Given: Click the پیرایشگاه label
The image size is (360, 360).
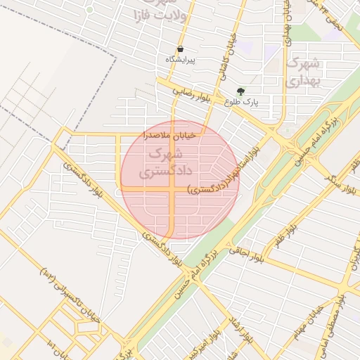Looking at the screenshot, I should pyautogui.click(x=180, y=60).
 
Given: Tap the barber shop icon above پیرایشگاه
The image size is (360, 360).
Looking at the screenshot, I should pyautogui.click(x=181, y=49).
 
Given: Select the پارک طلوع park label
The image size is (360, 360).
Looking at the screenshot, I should pyautogui.click(x=242, y=102).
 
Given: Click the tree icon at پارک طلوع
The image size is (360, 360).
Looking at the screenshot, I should pyautogui.click(x=241, y=91).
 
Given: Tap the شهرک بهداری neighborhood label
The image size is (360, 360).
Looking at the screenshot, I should pyautogui.click(x=303, y=72).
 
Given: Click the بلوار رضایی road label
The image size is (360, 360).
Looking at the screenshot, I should pyautogui.click(x=193, y=91).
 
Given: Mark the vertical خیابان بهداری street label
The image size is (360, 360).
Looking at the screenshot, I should pyautogui.click(x=288, y=21).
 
